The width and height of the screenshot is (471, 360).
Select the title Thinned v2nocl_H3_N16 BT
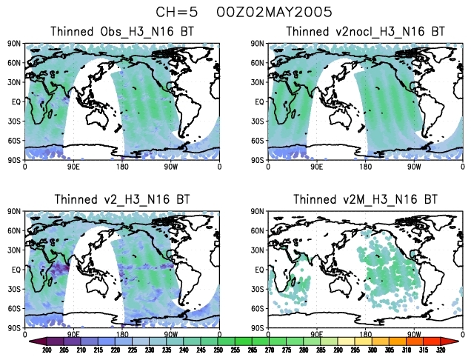click(366, 32)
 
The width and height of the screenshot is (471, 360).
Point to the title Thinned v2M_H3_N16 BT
click(366, 199)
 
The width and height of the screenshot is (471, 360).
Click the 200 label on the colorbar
click(46, 350)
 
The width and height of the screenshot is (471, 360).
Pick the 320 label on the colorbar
click(441, 350)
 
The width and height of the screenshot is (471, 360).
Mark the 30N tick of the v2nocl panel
click(259, 82)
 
